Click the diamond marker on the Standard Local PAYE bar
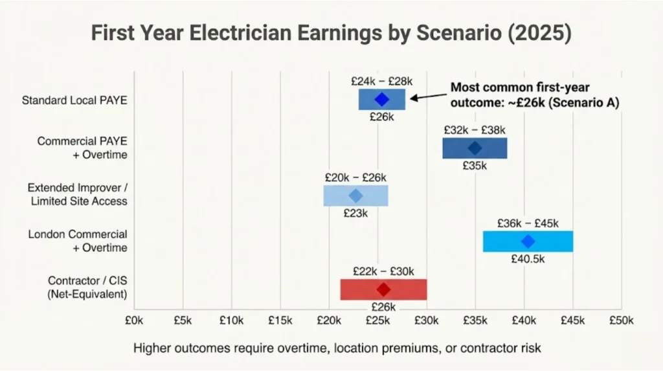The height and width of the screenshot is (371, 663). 381,100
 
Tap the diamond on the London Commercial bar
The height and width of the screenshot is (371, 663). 528,242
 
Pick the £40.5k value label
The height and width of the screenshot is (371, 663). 528,260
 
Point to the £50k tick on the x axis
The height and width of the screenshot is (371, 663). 622,320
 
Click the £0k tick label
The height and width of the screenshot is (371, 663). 135,320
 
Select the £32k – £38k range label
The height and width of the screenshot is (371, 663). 475,129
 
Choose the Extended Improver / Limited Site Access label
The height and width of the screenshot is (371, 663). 77,194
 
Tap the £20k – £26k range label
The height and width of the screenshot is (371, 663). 356,177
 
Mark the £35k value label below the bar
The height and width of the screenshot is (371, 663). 475,166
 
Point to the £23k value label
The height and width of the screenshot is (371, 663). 355,213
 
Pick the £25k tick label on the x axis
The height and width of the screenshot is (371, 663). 378,320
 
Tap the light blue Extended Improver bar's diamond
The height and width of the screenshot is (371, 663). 355,196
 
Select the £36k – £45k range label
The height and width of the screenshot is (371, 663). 528,223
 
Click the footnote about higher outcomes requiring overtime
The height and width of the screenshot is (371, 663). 337,348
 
